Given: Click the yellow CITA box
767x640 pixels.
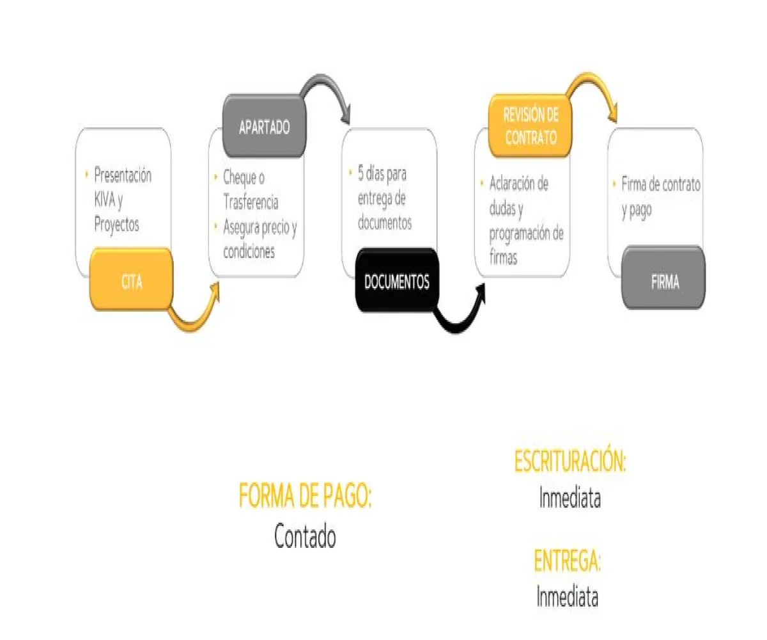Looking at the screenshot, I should (x=132, y=282).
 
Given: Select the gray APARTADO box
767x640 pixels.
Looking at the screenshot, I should (x=264, y=127).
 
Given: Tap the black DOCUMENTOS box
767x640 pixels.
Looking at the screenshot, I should (x=396, y=282).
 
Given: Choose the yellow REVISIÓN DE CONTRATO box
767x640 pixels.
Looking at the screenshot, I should (x=531, y=126).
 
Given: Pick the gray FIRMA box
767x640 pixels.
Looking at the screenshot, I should (x=664, y=282).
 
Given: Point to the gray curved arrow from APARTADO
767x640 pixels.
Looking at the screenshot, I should (x=329, y=93).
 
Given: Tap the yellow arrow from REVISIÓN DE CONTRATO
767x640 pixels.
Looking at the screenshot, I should (x=594, y=90).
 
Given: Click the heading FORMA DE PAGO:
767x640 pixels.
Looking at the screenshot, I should (x=305, y=496).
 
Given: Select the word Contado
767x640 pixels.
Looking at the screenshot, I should (x=305, y=536).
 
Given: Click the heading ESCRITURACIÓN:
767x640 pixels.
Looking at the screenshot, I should (x=569, y=461).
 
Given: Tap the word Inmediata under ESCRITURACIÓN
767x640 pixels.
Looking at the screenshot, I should (x=569, y=498).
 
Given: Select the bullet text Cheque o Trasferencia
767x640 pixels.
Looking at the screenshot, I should (x=251, y=189).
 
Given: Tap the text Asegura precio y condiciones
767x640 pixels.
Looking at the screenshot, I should (x=259, y=239).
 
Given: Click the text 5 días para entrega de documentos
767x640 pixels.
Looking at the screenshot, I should (x=384, y=198).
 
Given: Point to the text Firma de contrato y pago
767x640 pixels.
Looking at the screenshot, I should (x=660, y=197).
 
